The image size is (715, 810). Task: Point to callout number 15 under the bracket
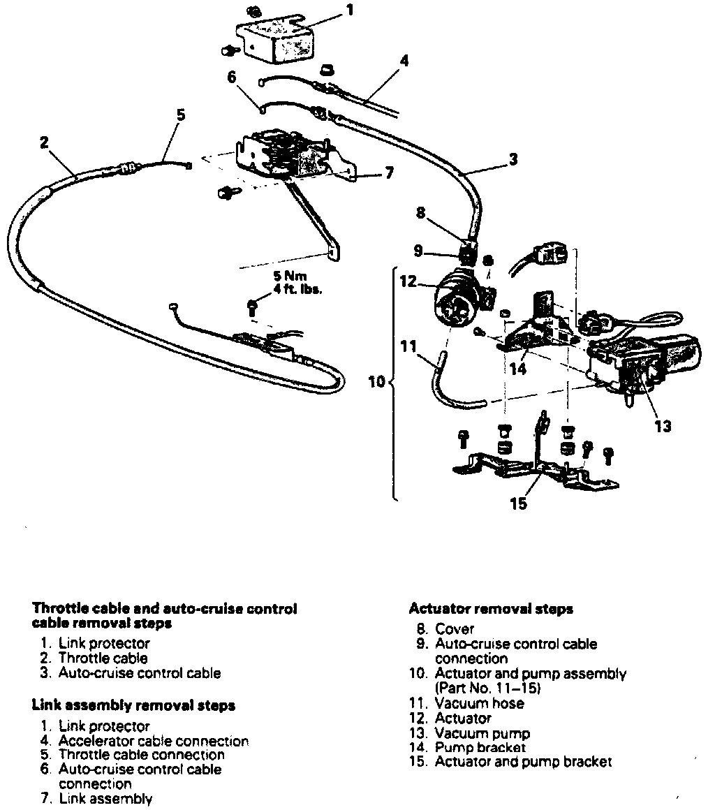519,502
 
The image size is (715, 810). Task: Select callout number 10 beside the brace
376,382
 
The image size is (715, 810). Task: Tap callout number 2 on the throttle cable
44,143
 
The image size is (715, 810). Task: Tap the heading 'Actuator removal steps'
491,609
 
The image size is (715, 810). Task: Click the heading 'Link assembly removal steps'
133,705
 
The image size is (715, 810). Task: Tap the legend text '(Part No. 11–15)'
487,688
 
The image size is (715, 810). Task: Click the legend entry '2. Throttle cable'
94,658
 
